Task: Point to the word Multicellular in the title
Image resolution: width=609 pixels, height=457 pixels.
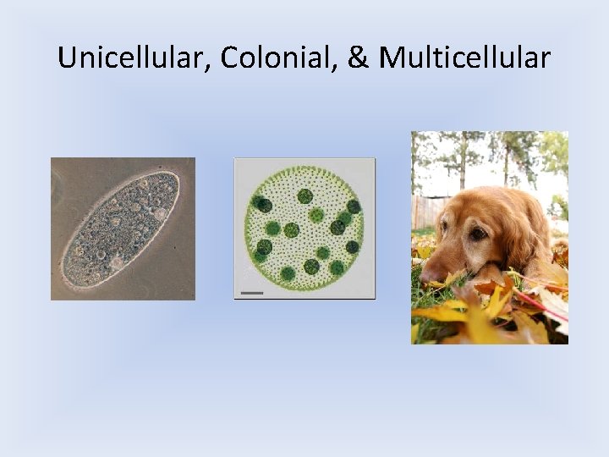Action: click(x=465, y=58)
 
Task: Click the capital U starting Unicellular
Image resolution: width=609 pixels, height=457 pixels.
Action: click(x=66, y=58)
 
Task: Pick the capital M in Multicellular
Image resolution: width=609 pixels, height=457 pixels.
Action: click(x=391, y=58)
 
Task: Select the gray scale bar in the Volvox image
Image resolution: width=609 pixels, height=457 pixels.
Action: click(x=252, y=292)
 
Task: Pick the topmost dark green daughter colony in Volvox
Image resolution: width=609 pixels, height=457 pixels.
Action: click(x=304, y=196)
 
